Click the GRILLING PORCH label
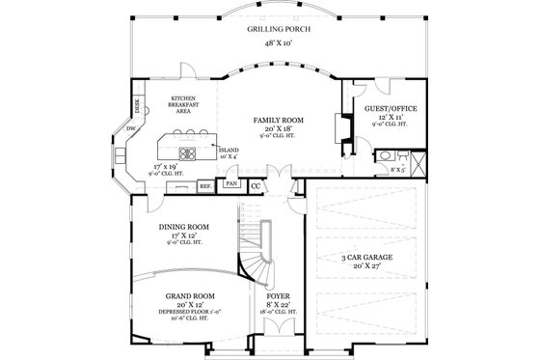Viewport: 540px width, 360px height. point(270,31)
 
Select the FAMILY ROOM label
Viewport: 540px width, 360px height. point(279,120)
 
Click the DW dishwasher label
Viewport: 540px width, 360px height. point(130,128)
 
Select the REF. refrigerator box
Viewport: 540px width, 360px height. point(205,184)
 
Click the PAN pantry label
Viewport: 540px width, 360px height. point(231,182)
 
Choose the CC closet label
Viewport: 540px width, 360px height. point(256,184)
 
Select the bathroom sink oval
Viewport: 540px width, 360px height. point(386,154)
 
